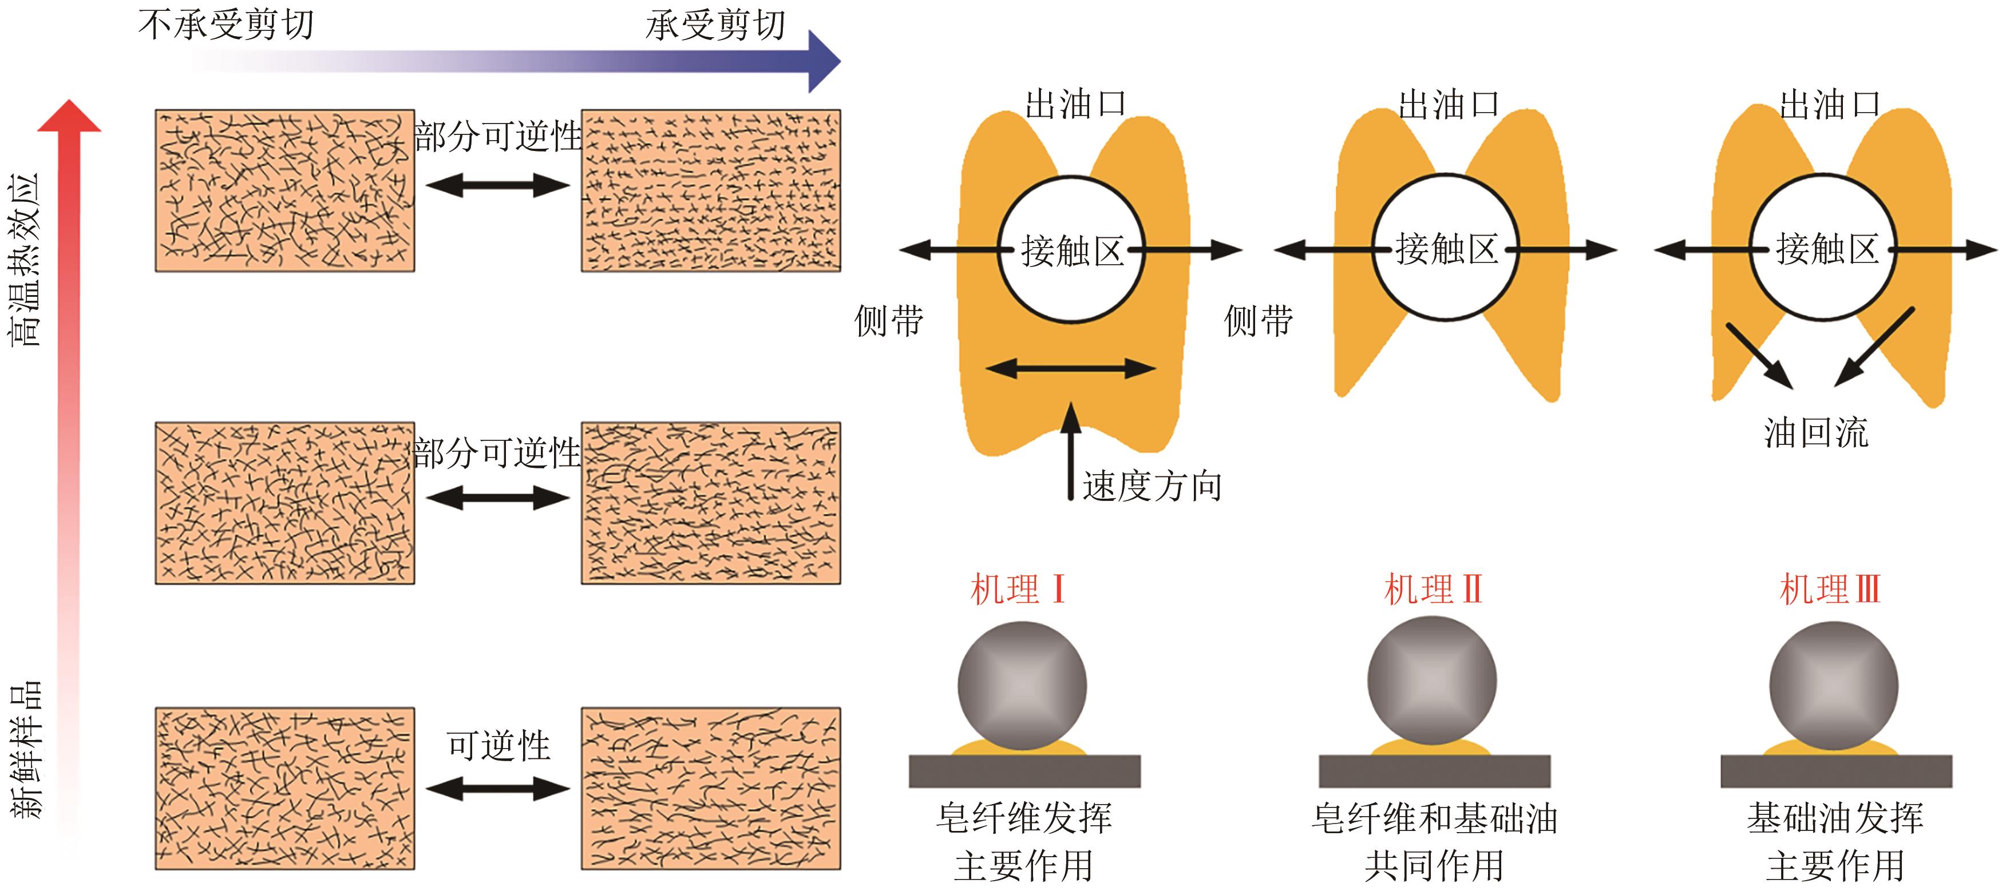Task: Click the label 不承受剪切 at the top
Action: point(226,25)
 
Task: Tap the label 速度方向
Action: point(1152,487)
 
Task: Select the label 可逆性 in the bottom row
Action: point(498,746)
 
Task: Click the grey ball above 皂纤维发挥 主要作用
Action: point(1022,686)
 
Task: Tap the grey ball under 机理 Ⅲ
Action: point(1834,686)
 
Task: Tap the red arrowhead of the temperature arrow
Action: point(69,117)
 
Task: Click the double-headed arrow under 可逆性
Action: point(498,789)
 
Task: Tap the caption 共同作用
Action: point(1434,865)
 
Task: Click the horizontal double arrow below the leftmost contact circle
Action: point(1071,368)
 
